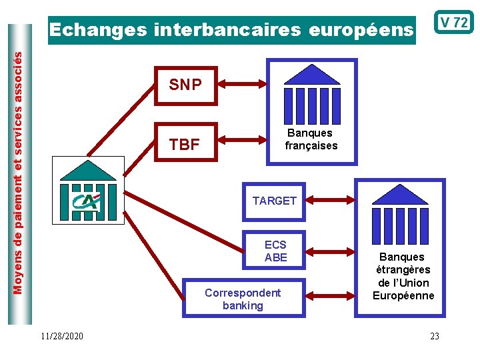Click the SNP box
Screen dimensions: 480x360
186,85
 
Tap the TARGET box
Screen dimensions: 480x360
274,201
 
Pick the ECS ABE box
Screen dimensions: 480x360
275,251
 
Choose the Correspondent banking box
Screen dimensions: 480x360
243,299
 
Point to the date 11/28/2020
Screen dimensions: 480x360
61,336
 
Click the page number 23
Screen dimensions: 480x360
435,336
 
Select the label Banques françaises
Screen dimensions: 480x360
311,139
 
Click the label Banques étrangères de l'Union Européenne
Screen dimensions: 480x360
403,276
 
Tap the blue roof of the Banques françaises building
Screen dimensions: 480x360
312,75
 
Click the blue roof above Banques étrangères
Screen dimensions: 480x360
400,195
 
